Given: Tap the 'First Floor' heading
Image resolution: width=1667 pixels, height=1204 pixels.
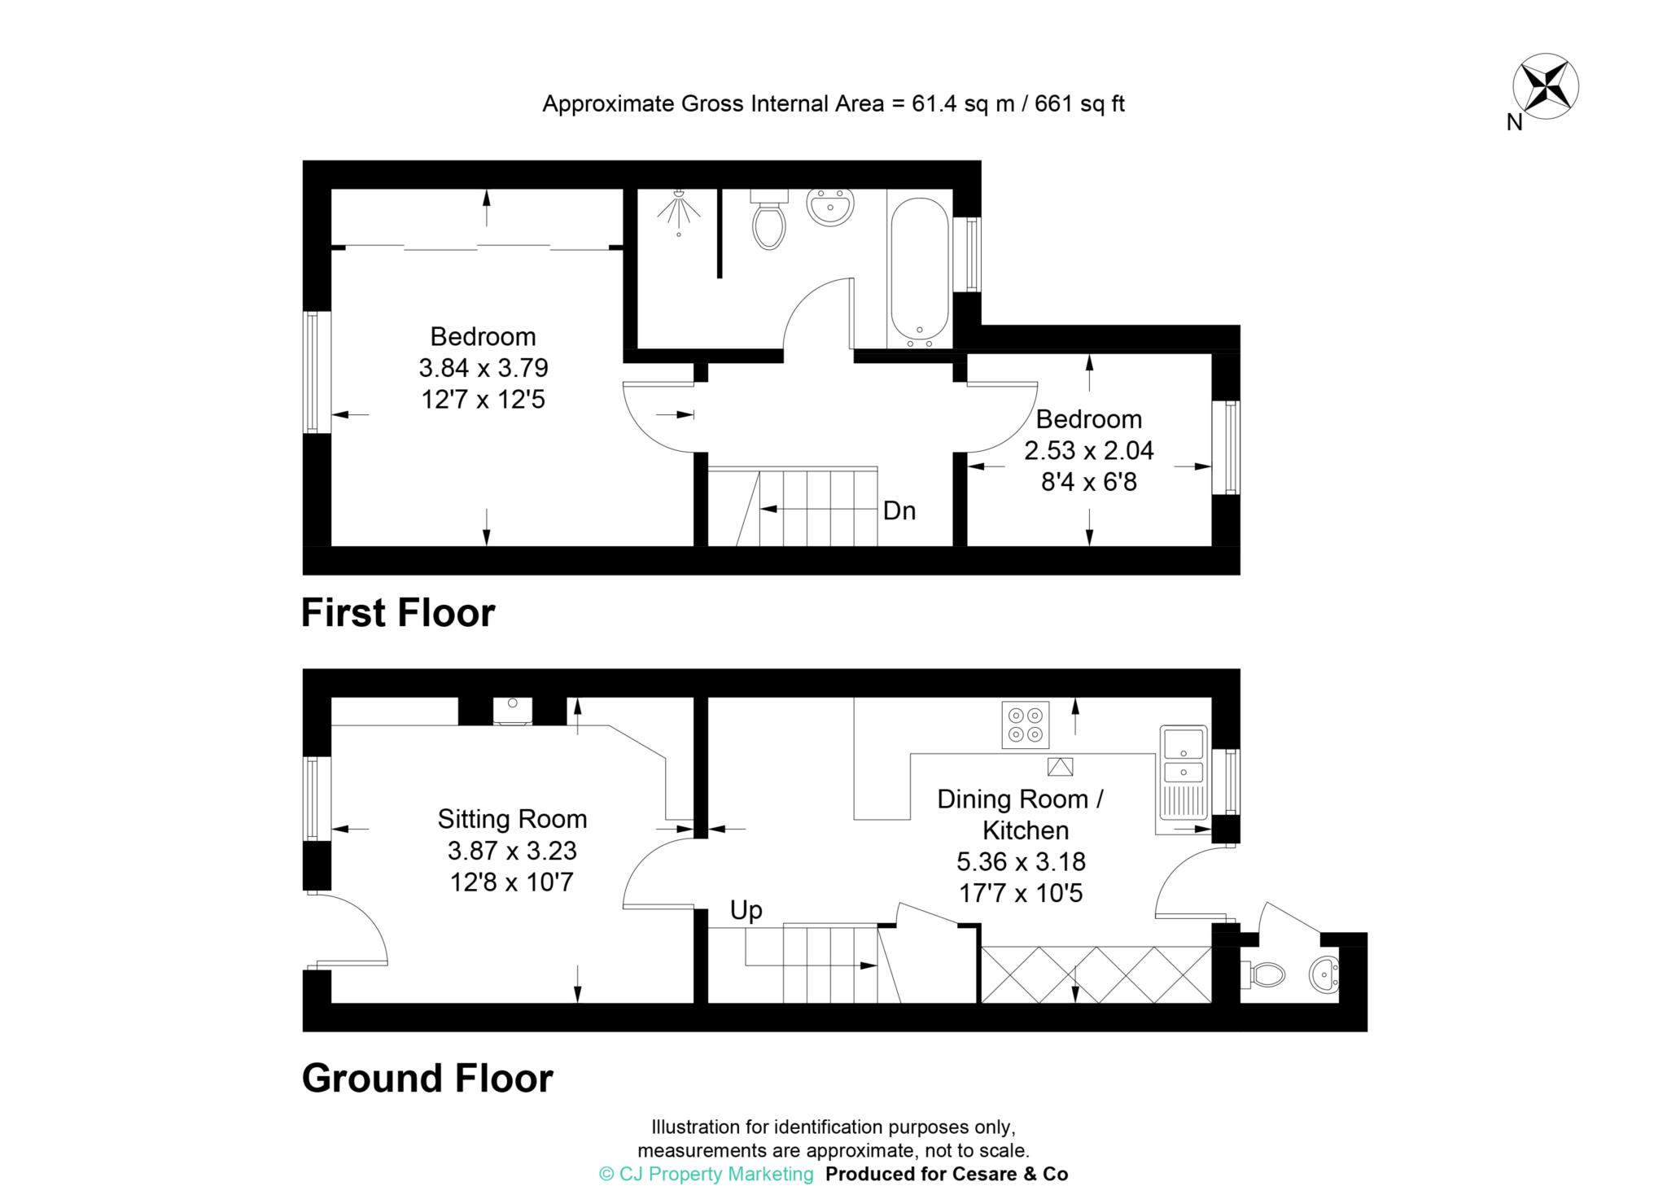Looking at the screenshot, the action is (398, 613).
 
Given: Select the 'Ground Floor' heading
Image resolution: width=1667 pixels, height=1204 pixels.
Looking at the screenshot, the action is (427, 1078).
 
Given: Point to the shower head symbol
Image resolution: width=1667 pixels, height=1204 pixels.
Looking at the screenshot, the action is (679, 211).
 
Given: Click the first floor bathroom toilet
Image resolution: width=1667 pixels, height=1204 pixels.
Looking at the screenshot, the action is (769, 219).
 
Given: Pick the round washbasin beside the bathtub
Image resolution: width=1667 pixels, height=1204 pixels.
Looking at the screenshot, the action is (830, 207).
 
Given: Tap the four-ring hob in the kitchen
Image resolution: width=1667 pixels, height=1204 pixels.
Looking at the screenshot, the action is (1026, 725).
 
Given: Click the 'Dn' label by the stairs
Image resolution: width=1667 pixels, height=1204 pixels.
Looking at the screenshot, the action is (899, 510).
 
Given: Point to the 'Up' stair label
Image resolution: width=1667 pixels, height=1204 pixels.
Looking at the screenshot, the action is (746, 911).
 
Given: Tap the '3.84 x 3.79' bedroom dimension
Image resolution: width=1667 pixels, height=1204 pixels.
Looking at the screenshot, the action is (483, 368).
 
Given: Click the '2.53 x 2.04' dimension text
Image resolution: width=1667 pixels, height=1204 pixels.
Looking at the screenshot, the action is (1089, 450).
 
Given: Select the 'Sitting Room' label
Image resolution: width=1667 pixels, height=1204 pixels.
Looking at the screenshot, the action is (512, 819).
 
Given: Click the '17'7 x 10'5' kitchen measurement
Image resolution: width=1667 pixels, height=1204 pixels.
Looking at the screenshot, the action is (1021, 893).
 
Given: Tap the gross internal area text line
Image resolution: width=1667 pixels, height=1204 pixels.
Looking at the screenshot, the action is (833, 104).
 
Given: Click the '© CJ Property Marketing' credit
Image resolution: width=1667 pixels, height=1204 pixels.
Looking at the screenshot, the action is (707, 1174).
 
